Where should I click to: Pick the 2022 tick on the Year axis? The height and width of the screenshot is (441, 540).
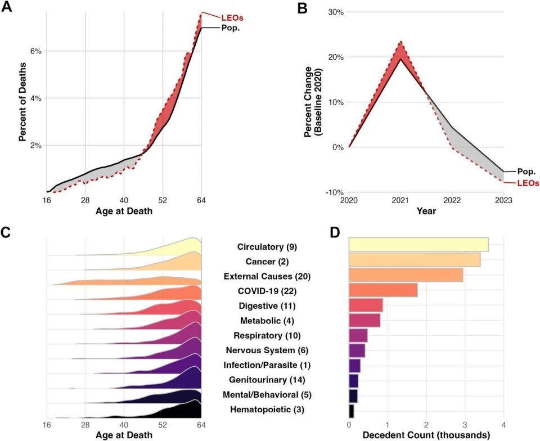coord(452,199)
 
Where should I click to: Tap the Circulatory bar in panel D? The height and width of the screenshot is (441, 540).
coord(418,245)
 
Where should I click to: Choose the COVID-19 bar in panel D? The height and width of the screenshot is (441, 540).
coord(383,290)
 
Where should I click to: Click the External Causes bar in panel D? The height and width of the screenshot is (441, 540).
coord(406,274)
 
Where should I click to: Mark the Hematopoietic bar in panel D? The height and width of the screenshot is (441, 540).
coord(352,411)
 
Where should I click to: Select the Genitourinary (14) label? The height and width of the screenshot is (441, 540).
coord(267,380)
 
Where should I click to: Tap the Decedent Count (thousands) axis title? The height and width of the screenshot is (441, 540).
coord(426,434)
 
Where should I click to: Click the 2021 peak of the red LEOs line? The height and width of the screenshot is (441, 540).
coord(400,42)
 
